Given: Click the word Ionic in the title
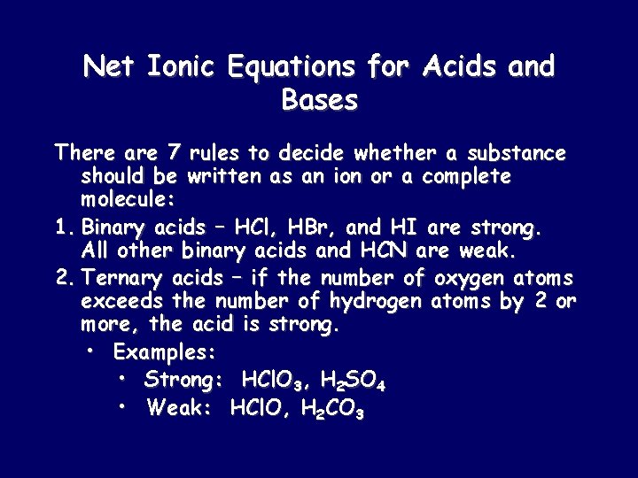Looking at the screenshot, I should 180,66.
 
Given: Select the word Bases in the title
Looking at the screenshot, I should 319,100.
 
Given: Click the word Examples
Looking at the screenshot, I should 165,352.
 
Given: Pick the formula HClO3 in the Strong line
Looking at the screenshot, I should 267,382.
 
